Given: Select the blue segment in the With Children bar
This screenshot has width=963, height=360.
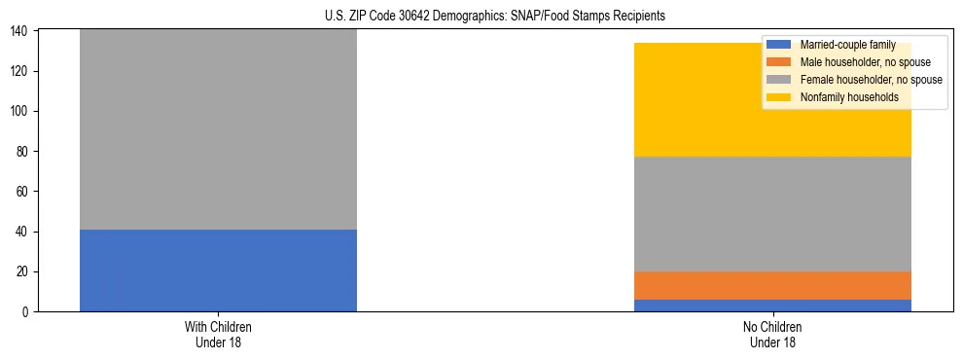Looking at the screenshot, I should pos(218,270).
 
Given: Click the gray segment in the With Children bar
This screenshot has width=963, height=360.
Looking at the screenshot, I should pos(218,130).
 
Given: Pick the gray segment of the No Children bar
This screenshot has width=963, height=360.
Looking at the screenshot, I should pos(772,213).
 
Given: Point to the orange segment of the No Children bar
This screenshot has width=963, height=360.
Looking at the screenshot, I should pos(772,285).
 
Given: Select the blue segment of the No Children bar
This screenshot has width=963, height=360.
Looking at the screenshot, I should pos(772,305).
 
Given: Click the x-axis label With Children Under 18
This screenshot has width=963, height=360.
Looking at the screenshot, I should pos(218,334).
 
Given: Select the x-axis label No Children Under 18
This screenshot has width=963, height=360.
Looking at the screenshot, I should pos(772,334).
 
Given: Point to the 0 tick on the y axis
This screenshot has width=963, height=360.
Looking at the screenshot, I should pos(28,311).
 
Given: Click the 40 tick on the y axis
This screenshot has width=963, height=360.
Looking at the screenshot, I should pos(25,232).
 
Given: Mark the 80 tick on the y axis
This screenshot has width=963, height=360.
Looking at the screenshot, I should pos(25,151).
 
